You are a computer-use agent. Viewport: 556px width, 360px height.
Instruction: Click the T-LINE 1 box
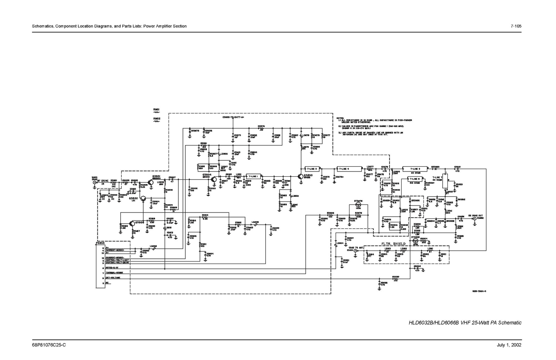click(253, 176)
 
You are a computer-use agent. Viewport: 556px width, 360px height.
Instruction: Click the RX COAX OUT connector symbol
click(474, 221)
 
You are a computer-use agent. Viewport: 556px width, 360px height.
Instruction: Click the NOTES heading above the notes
click(340, 118)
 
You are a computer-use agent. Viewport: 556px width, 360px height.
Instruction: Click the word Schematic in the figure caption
click(510, 323)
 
